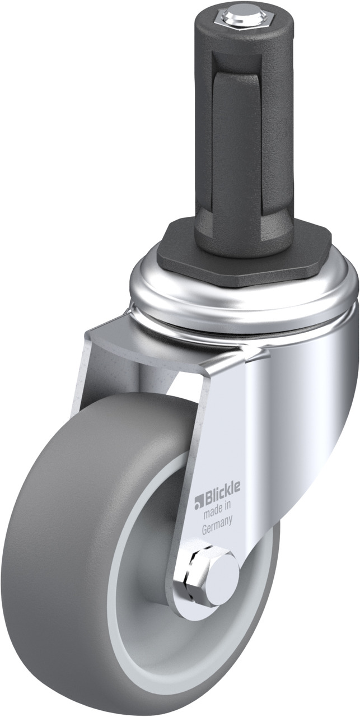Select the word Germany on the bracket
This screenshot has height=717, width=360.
[217, 528]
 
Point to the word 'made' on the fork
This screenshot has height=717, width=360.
[213, 514]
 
